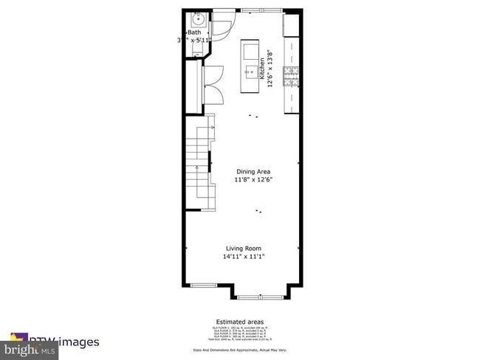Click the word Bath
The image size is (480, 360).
[x=194, y=32]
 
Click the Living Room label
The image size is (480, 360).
[x=243, y=249]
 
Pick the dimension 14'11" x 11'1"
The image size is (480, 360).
[x=243, y=257]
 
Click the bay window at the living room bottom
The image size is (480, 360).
[x=259, y=297]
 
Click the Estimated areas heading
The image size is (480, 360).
[x=240, y=322]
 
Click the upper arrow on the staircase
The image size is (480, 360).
[x=210, y=128]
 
